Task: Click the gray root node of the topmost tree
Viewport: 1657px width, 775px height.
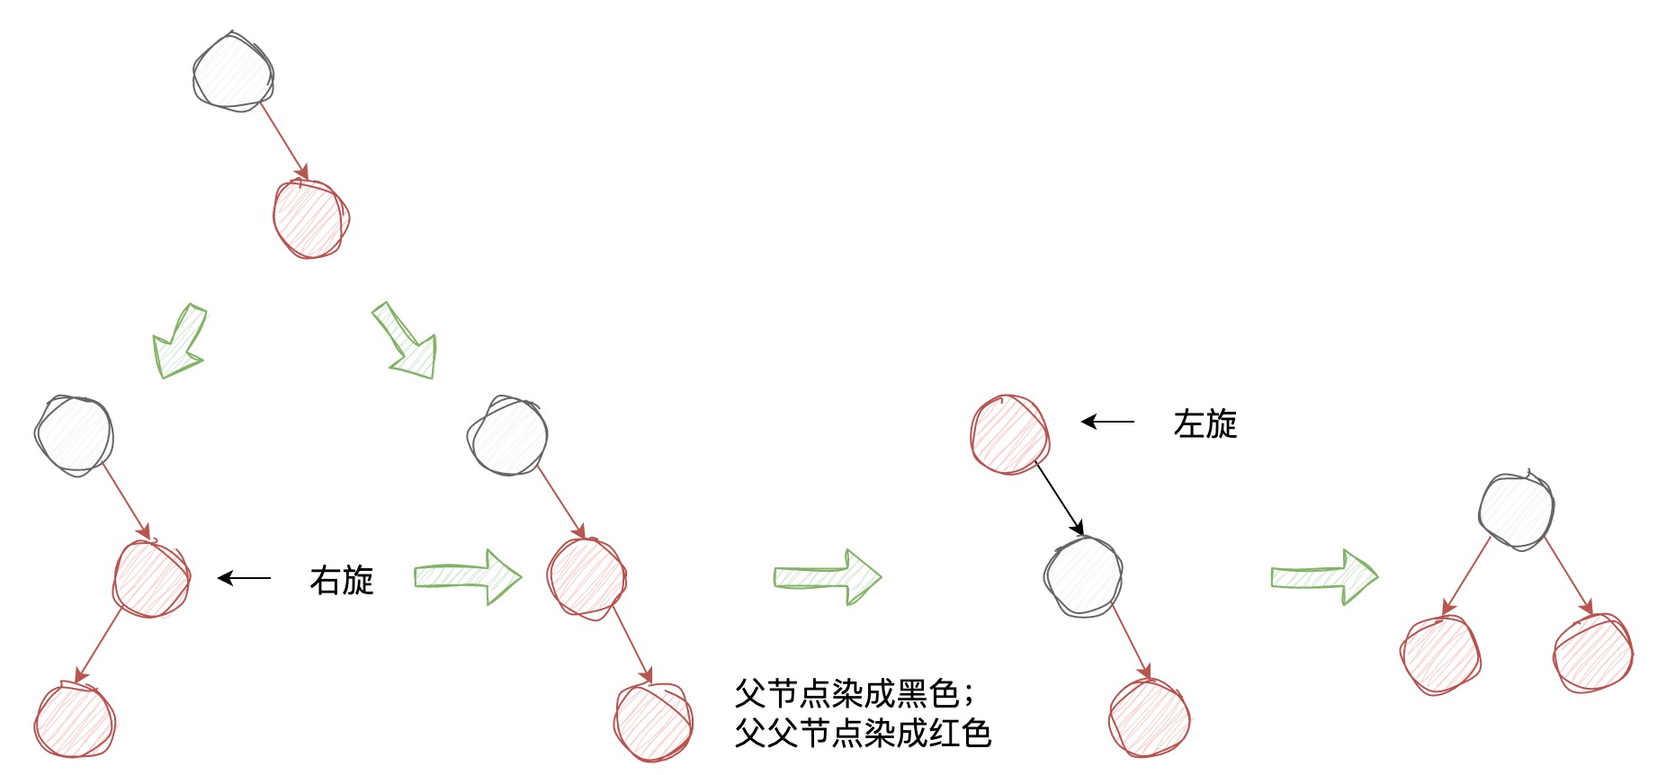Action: click(x=233, y=72)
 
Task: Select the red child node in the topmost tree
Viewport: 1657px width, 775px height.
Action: click(x=311, y=218)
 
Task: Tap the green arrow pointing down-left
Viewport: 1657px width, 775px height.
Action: click(x=181, y=341)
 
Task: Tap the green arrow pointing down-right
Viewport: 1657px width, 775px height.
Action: click(x=406, y=340)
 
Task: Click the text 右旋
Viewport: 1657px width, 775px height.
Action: click(x=342, y=580)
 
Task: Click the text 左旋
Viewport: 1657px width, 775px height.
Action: click(x=1205, y=423)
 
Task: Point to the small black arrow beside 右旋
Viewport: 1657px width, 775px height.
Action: click(x=245, y=578)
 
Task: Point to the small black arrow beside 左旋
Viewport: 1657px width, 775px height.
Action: click(x=1108, y=421)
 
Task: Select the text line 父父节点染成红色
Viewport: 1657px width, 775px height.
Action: click(x=863, y=733)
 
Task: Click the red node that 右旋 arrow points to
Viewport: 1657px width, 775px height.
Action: click(x=151, y=578)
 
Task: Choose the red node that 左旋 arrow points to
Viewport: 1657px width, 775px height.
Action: click(x=1010, y=434)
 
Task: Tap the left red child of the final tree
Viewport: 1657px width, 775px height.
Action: click(x=1440, y=655)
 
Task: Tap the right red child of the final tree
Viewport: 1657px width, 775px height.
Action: click(x=1593, y=653)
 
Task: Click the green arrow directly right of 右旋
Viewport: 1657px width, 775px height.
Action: click(x=468, y=576)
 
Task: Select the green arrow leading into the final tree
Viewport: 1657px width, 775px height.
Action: click(x=1324, y=576)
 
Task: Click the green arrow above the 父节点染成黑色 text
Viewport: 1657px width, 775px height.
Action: click(x=828, y=576)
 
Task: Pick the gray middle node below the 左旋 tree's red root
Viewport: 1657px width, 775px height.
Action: click(x=1084, y=576)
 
